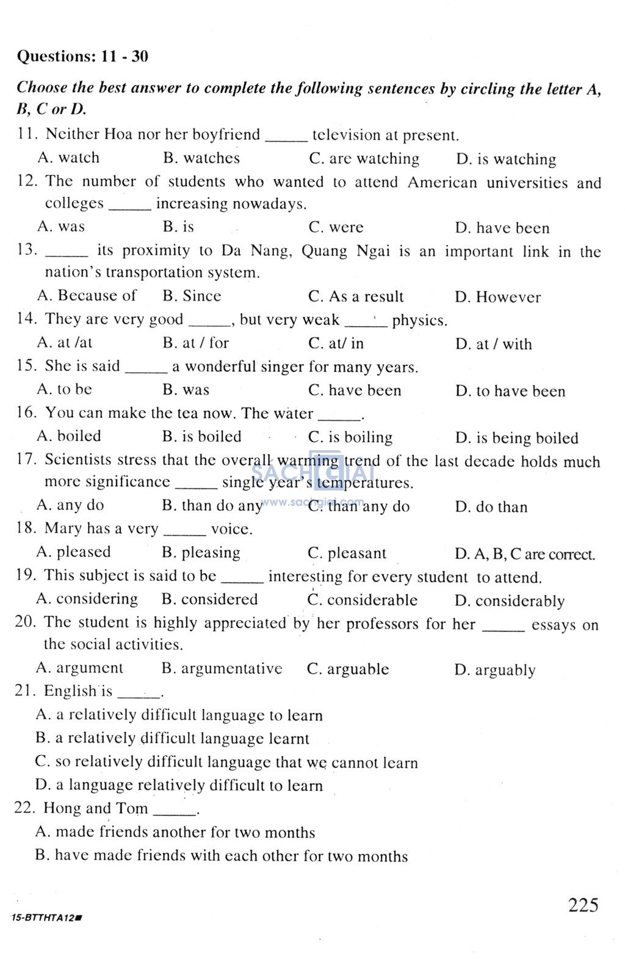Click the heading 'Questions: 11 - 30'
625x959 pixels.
tap(82, 57)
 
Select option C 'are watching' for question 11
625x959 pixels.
tap(364, 159)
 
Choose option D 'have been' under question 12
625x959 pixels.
tap(502, 228)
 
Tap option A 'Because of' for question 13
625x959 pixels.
tap(87, 296)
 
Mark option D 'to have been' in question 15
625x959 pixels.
tap(510, 391)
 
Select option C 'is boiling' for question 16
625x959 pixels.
tap(350, 437)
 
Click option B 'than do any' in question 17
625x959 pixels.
tap(212, 506)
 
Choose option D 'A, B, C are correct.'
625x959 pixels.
tap(524, 554)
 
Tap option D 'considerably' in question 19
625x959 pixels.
tap(509, 601)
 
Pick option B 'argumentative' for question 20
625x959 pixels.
tap(222, 669)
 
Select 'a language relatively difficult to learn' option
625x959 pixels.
tap(179, 785)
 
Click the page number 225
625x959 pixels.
tap(583, 905)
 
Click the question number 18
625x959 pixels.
tap(26, 528)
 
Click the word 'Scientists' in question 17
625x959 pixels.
tap(78, 459)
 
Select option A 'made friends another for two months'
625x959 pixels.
tap(175, 832)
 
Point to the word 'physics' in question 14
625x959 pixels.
tap(419, 320)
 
